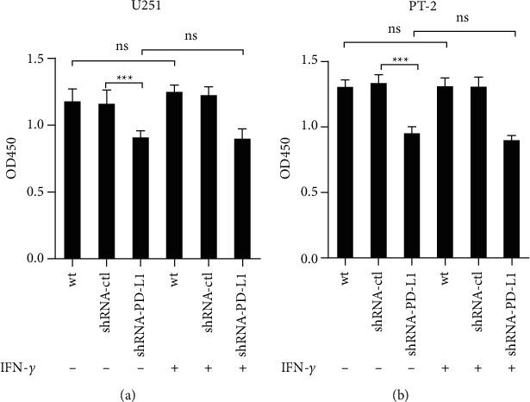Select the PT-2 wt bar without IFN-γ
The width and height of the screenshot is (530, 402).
[346, 173]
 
